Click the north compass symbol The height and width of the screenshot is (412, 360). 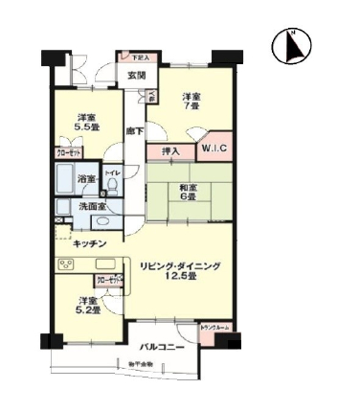coord(292,46)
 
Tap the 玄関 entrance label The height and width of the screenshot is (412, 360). coord(136,76)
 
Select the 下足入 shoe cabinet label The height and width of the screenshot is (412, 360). coord(140,57)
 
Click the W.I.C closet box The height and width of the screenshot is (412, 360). coord(213,149)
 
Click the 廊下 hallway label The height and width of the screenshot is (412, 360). coord(134,130)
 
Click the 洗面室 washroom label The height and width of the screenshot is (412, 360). coord(92,207)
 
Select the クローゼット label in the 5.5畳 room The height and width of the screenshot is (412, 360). coord(68,152)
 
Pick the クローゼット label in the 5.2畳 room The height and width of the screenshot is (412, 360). coord(105,279)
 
